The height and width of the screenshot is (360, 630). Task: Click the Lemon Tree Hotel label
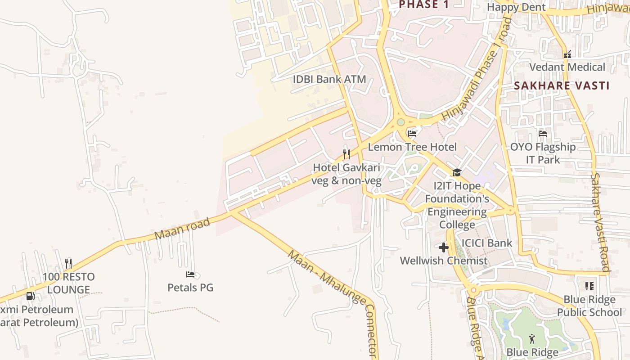point(412,147)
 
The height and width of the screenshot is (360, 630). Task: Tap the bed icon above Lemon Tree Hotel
point(412,133)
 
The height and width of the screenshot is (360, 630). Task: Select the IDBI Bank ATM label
point(329,79)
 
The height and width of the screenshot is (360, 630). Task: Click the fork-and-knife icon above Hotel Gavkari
point(346,154)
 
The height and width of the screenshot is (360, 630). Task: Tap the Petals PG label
point(190,287)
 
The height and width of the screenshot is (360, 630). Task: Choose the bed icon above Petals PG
point(190,274)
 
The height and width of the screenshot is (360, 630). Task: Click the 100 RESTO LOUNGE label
point(68,283)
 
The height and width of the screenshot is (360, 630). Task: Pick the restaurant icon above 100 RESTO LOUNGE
point(68,263)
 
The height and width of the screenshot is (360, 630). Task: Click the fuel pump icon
point(31,296)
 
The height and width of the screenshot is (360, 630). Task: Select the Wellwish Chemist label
point(444,261)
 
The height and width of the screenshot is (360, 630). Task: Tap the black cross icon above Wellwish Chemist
point(444,247)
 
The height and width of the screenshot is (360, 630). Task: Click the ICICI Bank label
point(487,243)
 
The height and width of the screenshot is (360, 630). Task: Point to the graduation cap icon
point(457,172)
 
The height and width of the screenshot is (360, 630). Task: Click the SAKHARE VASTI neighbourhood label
point(562,85)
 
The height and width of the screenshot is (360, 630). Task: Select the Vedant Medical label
point(567,67)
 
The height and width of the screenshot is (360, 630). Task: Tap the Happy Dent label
point(516,7)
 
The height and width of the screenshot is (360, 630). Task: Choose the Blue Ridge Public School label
point(589,306)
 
